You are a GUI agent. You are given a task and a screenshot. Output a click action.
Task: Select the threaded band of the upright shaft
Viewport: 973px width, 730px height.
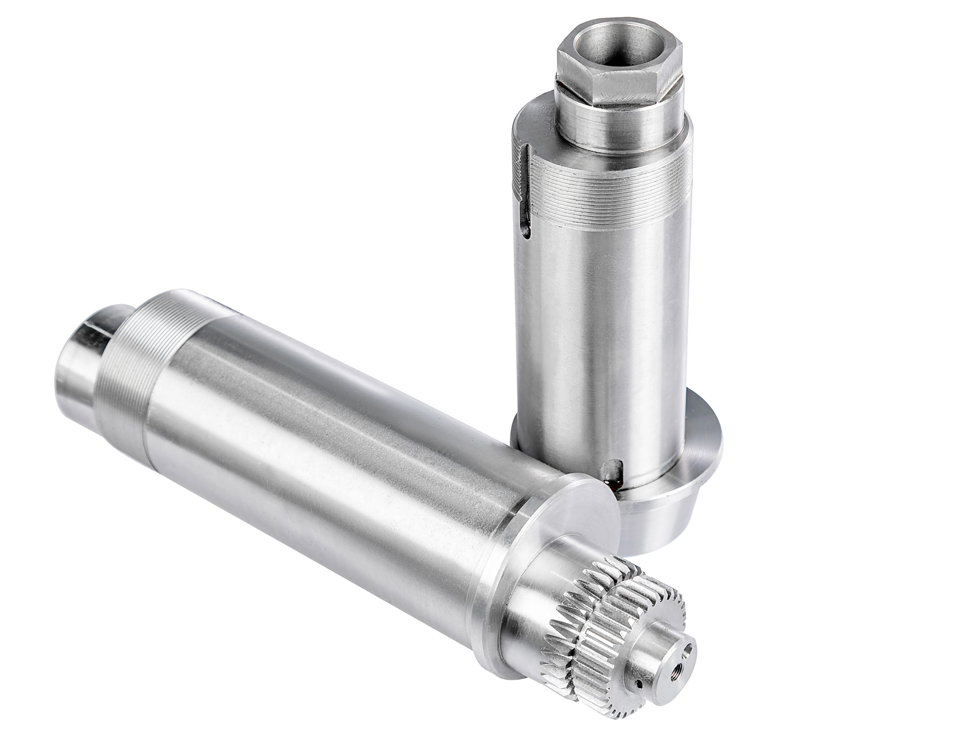click(608, 182)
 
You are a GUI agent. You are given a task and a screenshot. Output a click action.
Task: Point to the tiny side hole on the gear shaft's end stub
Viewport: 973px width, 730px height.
click(639, 684)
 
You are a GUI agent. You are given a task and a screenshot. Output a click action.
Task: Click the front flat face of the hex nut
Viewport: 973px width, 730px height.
click(632, 79)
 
